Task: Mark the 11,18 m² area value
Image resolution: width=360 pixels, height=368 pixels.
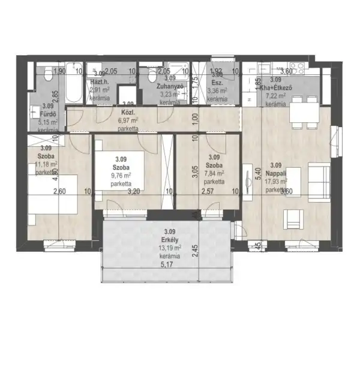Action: [x=46, y=164]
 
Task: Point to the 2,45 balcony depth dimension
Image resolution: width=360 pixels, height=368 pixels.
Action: [x=194, y=250]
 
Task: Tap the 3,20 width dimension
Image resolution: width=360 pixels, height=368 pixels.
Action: [x=133, y=192]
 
